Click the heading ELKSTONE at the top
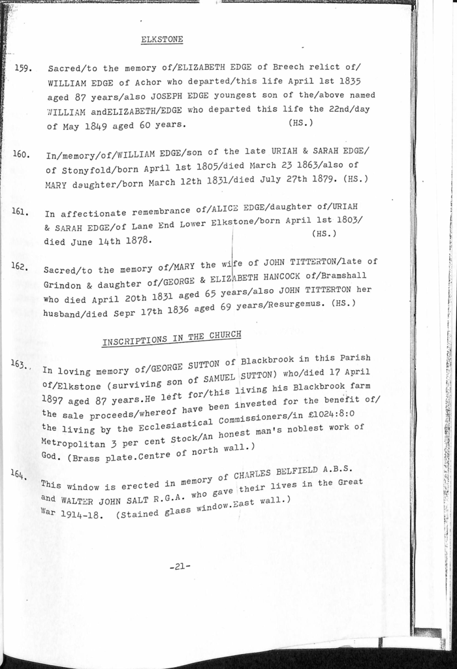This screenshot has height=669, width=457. pyautogui.click(x=162, y=39)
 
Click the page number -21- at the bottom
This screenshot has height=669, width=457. pyautogui.click(x=179, y=567)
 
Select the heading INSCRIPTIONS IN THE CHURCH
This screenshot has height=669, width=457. pyautogui.click(x=171, y=339)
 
